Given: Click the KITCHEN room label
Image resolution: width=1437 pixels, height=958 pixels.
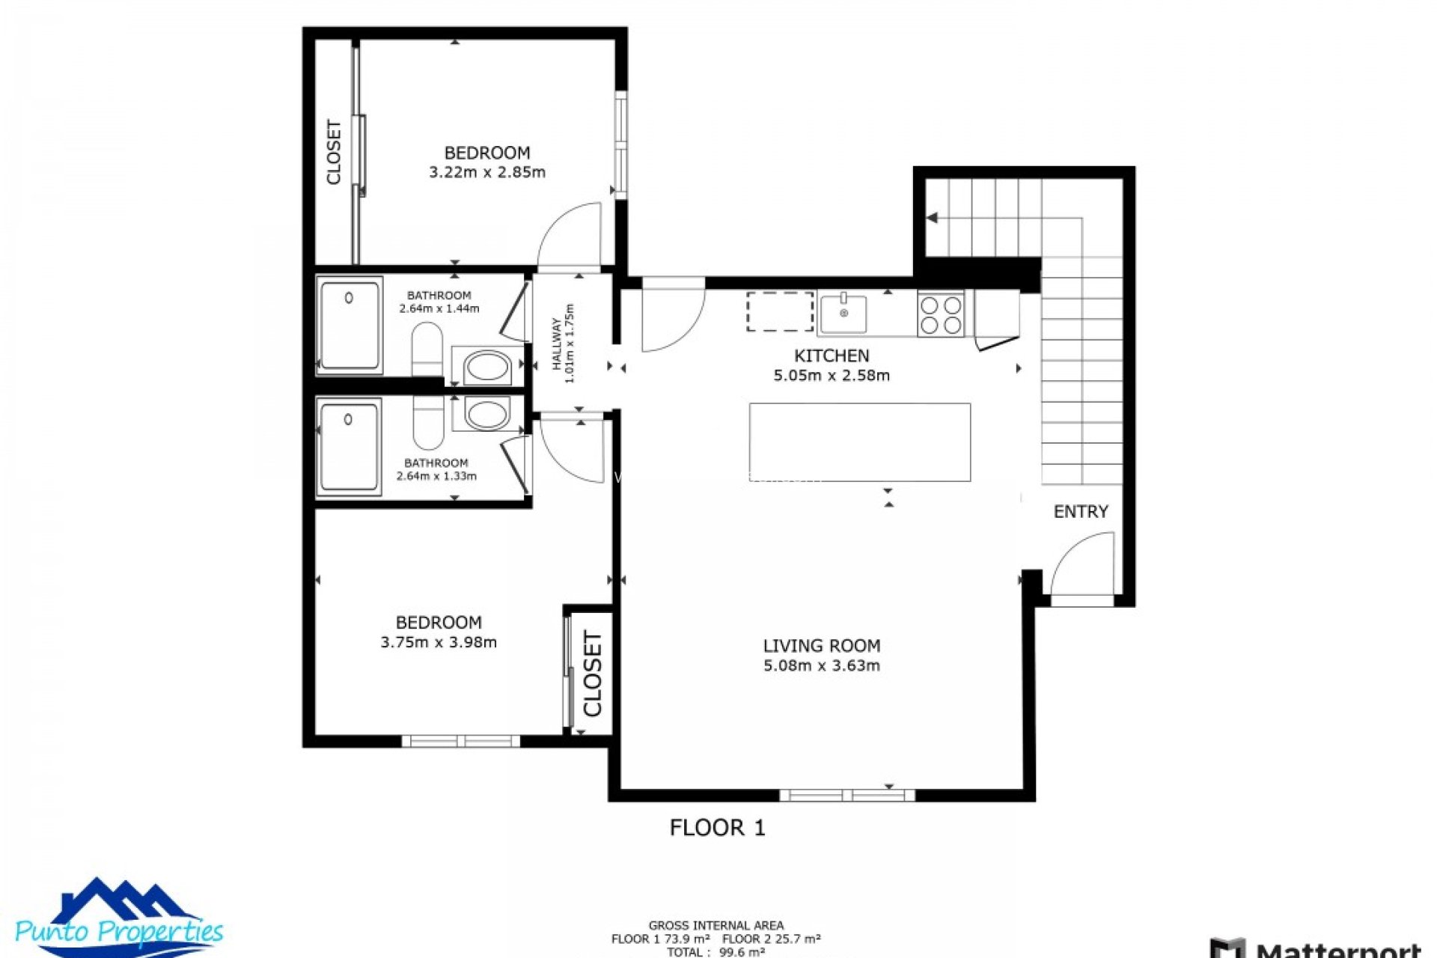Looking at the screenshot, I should (x=832, y=356).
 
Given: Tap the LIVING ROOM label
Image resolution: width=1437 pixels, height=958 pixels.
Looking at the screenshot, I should (x=821, y=645).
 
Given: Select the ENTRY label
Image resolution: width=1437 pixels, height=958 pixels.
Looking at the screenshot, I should (x=1080, y=511).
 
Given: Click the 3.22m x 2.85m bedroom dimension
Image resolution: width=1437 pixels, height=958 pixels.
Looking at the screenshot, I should (x=487, y=172).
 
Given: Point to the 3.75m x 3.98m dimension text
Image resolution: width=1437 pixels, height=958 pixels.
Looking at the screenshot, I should (x=439, y=642).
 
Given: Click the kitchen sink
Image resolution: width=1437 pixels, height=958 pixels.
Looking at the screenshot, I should (x=843, y=313).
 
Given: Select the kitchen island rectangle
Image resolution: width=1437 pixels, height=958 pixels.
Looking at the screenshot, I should (x=860, y=442).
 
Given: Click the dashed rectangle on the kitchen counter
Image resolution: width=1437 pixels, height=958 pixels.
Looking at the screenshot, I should (x=780, y=311).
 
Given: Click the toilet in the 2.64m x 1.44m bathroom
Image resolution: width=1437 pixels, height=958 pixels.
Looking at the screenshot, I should (x=427, y=348).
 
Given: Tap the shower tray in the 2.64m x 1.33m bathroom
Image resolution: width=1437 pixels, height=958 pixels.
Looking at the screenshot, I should (x=349, y=448).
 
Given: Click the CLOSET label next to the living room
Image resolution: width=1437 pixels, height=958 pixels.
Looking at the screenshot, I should (x=593, y=674).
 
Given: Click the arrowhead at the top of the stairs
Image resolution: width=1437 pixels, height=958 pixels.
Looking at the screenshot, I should (x=932, y=218).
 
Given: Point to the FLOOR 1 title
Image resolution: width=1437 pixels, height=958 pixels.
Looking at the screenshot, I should (x=717, y=827).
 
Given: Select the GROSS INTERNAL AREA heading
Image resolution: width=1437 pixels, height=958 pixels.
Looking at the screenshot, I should (x=716, y=925).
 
